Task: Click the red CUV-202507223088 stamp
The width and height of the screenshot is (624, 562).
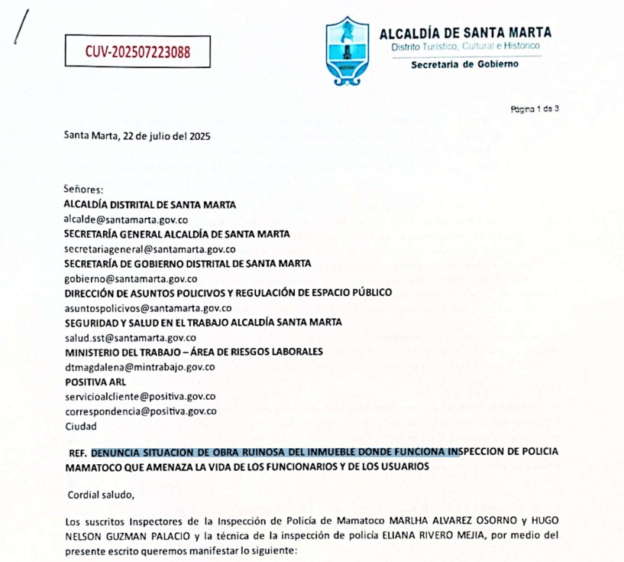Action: (138, 52)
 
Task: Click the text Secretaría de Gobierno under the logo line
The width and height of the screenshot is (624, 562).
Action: (464, 64)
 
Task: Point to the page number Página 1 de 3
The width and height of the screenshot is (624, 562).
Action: (535, 109)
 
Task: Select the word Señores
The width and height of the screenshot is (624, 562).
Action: (84, 190)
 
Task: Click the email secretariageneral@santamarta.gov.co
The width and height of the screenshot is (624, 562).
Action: (149, 249)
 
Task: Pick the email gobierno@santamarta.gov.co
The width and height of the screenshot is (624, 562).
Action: (131, 278)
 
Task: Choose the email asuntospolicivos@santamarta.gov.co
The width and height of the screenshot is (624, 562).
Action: (147, 307)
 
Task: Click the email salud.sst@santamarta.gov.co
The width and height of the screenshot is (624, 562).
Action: (130, 337)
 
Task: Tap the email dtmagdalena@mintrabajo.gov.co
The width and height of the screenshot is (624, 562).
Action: (138, 366)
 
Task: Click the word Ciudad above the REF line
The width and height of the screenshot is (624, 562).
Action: (81, 425)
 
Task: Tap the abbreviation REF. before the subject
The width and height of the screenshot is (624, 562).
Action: (78, 452)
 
